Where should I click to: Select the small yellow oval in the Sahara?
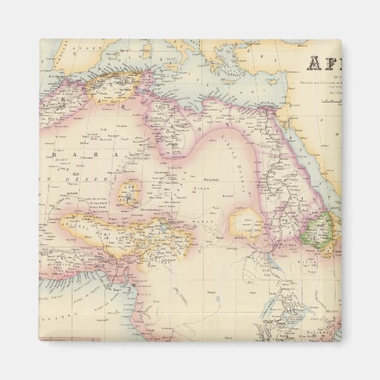click(130, 191)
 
